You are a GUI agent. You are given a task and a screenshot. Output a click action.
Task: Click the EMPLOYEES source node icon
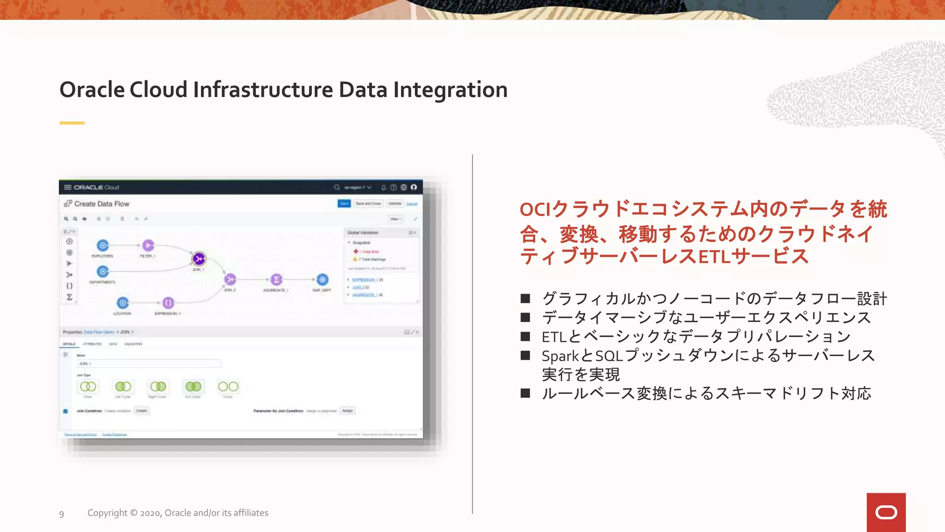click(103, 245)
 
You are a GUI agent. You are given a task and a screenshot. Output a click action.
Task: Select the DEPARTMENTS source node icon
click(103, 272)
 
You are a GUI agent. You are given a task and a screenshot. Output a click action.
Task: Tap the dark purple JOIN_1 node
click(199, 259)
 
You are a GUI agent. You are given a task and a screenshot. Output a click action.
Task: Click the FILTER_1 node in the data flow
click(148, 245)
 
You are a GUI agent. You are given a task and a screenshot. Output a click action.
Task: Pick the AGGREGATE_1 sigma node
click(276, 279)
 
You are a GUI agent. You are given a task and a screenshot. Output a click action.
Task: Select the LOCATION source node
click(122, 303)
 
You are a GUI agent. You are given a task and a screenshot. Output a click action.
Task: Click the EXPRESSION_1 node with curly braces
click(168, 303)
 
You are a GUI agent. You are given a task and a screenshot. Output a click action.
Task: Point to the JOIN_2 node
click(230, 279)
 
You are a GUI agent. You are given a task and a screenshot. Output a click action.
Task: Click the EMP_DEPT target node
click(322, 279)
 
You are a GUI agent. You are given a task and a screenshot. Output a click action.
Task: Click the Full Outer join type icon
click(193, 387)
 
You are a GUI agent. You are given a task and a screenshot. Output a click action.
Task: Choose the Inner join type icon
click(88, 387)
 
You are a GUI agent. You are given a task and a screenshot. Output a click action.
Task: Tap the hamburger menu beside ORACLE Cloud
click(67, 187)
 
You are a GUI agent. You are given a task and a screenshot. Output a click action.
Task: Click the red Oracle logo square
click(886, 512)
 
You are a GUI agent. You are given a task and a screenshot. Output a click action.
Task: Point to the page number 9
click(61, 514)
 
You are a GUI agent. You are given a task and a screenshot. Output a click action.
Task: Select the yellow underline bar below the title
click(72, 123)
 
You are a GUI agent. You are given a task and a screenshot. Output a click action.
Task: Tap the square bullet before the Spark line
click(525, 355)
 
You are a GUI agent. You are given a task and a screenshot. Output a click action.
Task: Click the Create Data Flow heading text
click(102, 204)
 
